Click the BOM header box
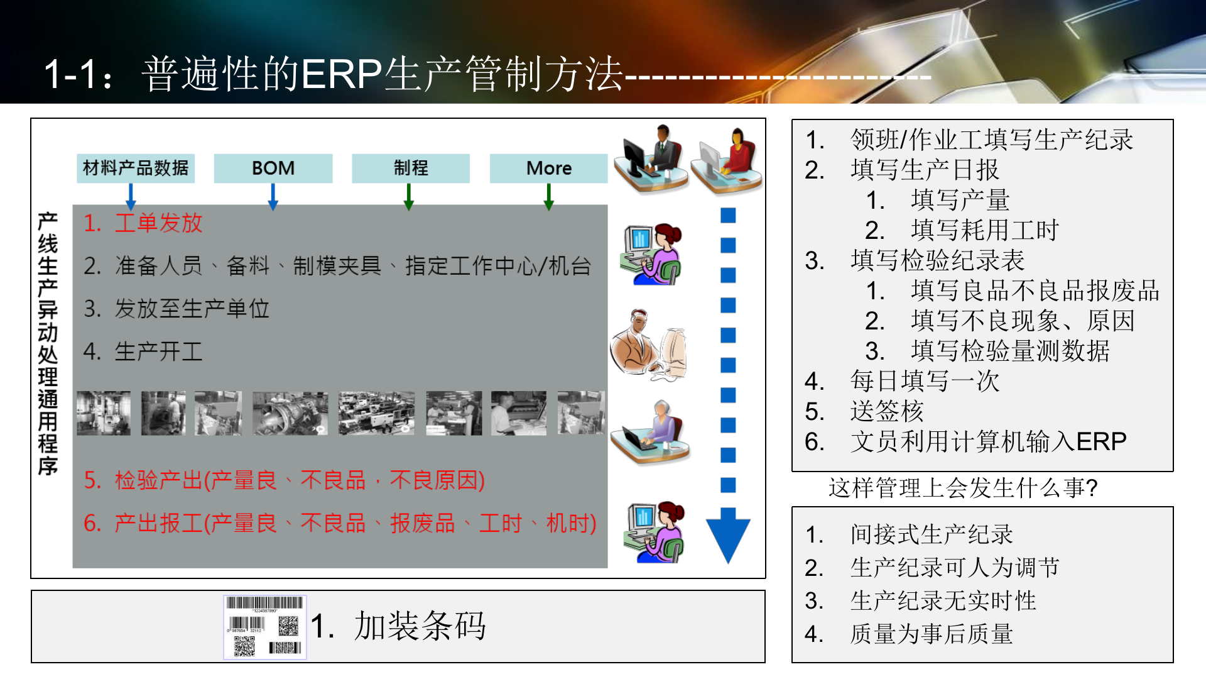(x=273, y=168)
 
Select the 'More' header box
(x=548, y=168)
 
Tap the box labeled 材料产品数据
(x=136, y=168)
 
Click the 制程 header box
(x=411, y=168)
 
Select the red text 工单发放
(x=158, y=223)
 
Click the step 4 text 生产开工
(x=158, y=351)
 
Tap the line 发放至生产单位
(x=192, y=309)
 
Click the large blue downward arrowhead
(x=728, y=534)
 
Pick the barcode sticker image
(x=265, y=627)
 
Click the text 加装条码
(x=420, y=626)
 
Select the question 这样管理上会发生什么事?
(x=962, y=488)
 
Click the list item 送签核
(x=886, y=411)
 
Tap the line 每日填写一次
(x=924, y=381)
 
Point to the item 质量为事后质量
(x=931, y=634)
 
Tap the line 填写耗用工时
(x=984, y=230)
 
